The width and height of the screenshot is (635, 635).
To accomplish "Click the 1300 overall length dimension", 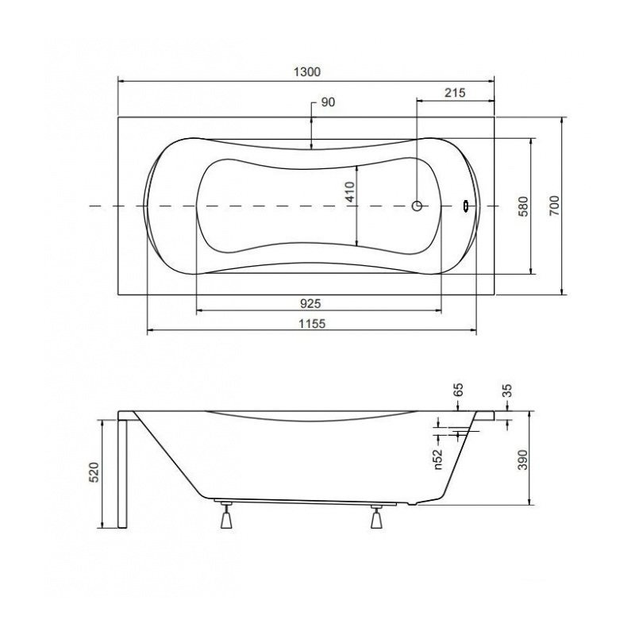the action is (x=306, y=72).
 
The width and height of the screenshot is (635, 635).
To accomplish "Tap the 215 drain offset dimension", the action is (x=455, y=93).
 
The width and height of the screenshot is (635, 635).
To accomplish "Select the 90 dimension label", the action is (x=328, y=102).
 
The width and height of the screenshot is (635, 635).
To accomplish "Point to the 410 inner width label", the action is (x=350, y=192).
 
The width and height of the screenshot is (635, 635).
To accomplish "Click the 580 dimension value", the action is (x=523, y=206).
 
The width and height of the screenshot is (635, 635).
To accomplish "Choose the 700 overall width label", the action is (x=554, y=206).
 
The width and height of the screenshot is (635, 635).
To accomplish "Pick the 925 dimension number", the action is (x=310, y=303).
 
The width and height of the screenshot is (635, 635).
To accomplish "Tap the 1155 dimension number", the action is (x=312, y=324).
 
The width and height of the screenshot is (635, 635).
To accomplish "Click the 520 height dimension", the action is (x=94, y=472).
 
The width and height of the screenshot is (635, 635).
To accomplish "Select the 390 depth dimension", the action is (x=523, y=460).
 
